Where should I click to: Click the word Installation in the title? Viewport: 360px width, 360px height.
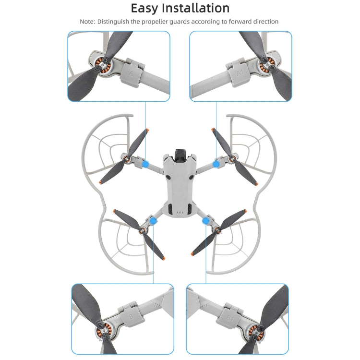pyautogui.click(x=197, y=8)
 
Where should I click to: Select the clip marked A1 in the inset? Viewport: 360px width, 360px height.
pyautogui.click(x=240, y=73)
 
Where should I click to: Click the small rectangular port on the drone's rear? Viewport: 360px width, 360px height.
pyautogui.click(x=180, y=215)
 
